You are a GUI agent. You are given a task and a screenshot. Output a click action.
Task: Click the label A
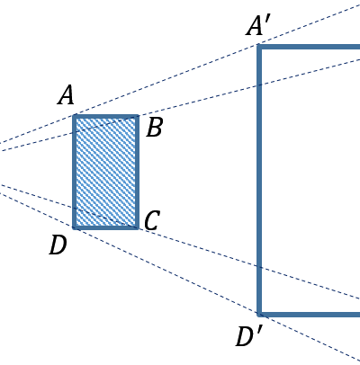66,95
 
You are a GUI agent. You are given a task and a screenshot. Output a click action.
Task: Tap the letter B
155,127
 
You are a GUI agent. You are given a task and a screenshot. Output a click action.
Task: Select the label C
152,220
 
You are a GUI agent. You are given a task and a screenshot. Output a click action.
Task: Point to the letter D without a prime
58,245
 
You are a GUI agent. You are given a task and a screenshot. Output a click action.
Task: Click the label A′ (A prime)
258,26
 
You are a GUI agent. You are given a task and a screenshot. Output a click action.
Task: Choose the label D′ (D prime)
249,336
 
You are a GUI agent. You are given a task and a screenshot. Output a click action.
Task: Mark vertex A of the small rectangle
75,116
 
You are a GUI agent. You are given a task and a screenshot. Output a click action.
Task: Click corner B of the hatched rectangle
137,116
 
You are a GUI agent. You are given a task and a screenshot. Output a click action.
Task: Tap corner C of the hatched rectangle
137,227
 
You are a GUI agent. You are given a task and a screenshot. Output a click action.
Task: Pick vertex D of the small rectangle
75,227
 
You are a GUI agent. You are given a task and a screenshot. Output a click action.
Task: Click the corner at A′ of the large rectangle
259,47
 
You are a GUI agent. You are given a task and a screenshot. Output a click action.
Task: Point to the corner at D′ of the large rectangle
259,315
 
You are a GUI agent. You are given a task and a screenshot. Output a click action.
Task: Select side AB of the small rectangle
106,116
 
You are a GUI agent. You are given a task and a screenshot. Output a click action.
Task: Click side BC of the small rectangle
137,172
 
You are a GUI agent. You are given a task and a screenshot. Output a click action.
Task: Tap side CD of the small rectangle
106,227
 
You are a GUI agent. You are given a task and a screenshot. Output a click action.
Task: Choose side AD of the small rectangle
75,172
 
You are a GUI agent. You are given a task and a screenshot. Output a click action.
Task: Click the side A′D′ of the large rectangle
259,181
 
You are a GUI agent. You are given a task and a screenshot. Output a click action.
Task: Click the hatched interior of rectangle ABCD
106,172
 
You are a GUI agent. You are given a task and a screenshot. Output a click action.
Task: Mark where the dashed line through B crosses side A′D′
259,85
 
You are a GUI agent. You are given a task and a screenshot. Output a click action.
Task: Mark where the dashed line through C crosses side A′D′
259,267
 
